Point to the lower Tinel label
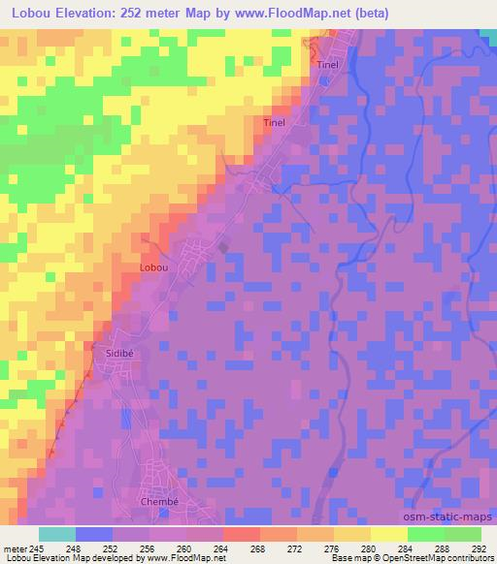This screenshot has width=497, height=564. coord(275,123)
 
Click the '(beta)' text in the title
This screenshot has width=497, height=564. coord(347,12)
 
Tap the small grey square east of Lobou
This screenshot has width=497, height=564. coord(225,248)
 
